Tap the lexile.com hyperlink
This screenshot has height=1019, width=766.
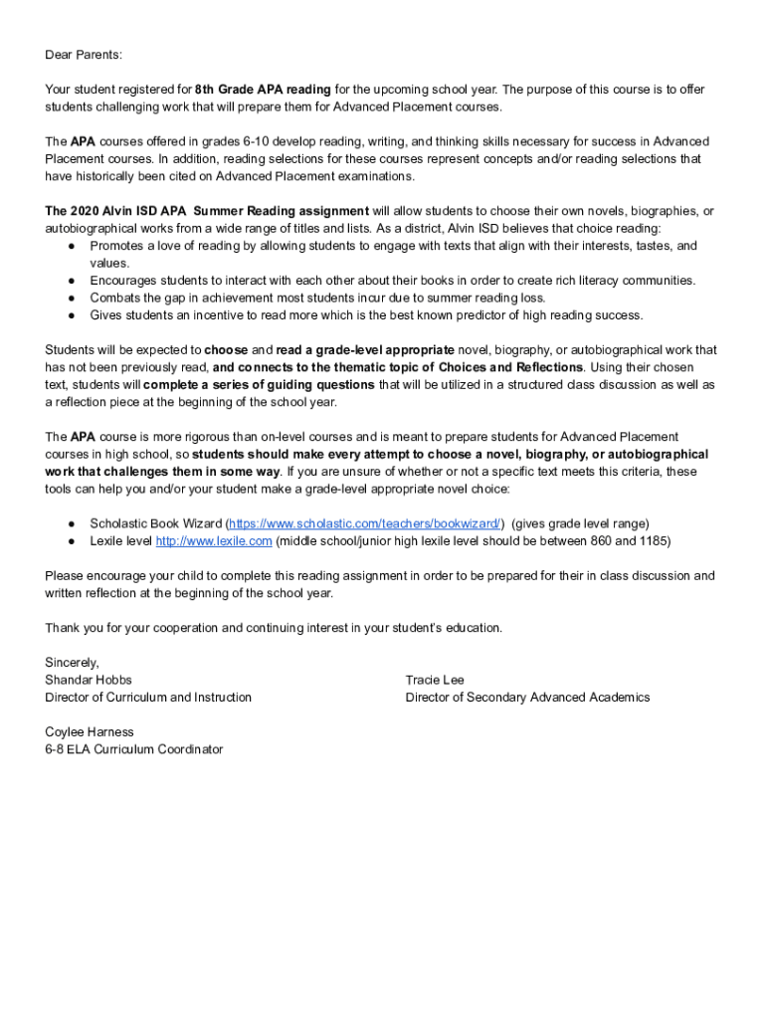click(x=214, y=541)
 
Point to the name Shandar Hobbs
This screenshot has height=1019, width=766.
click(x=88, y=680)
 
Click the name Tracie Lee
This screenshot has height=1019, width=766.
click(x=435, y=680)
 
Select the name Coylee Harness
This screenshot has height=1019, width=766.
click(x=90, y=732)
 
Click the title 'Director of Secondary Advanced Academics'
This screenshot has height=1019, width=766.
click(x=527, y=698)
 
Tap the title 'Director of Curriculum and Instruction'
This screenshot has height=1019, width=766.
click(x=148, y=698)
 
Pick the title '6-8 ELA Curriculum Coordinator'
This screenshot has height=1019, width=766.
click(x=134, y=749)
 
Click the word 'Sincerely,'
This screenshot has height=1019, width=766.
click(x=73, y=663)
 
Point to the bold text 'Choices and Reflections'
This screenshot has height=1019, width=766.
click(x=509, y=367)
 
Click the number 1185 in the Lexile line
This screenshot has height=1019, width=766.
click(x=652, y=541)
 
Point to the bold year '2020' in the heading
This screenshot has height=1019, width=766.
click(x=86, y=211)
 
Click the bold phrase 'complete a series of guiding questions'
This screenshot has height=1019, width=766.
click(x=260, y=385)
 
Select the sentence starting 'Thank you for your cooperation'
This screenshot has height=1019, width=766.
click(x=274, y=628)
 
